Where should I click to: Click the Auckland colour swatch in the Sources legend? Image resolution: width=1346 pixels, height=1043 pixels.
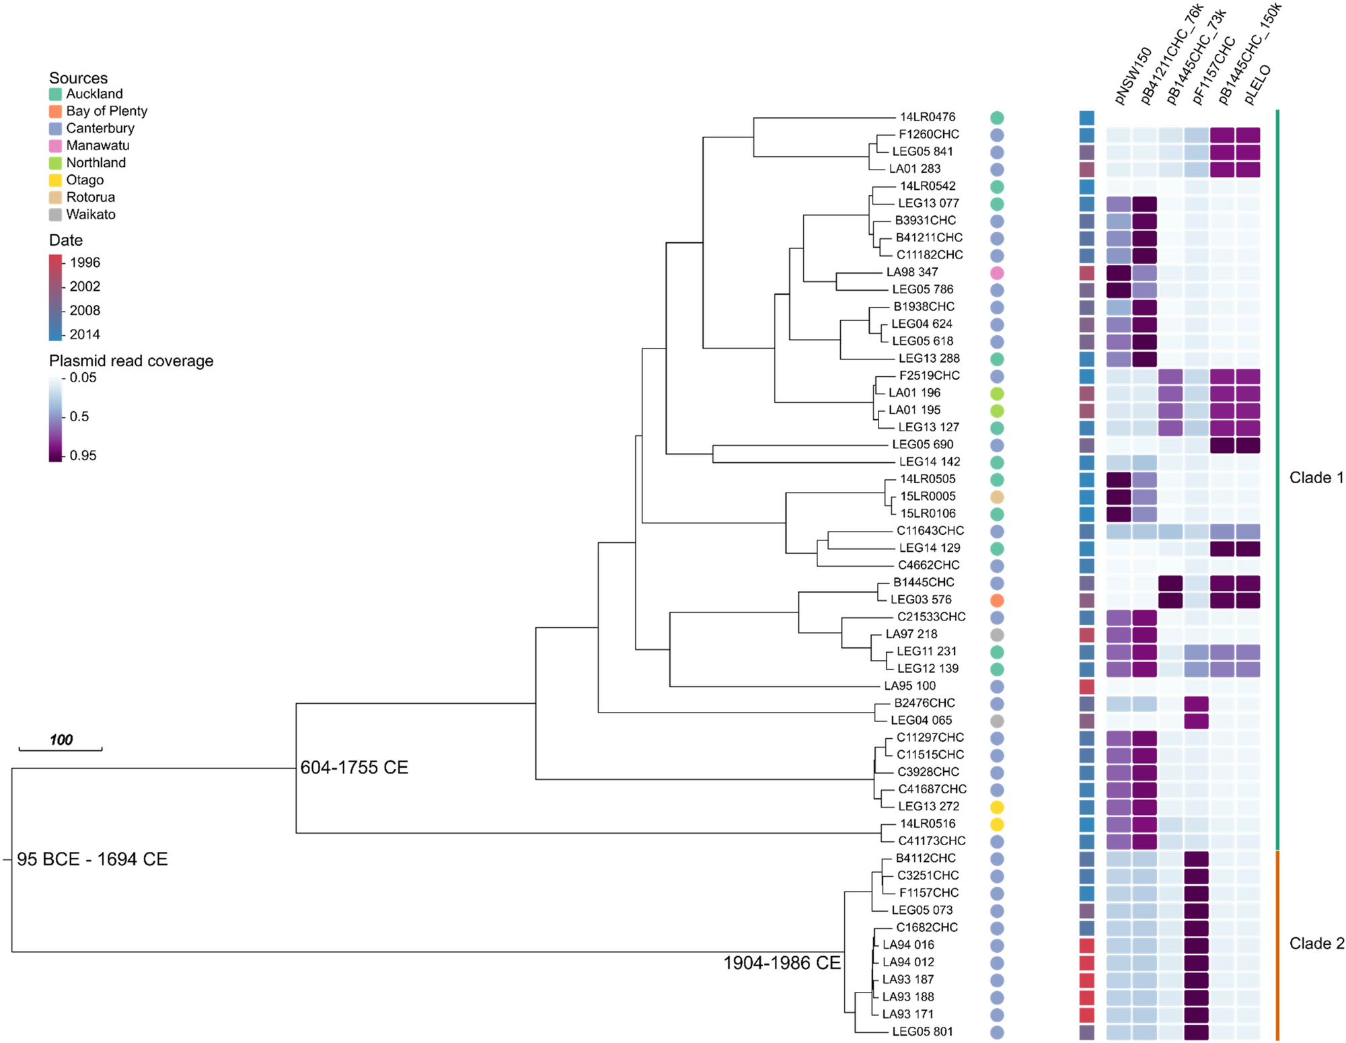pyautogui.click(x=55, y=94)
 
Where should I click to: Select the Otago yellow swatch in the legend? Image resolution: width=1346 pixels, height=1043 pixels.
pyautogui.click(x=55, y=180)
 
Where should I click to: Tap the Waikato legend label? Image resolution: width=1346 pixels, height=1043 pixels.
pyautogui.click(x=91, y=215)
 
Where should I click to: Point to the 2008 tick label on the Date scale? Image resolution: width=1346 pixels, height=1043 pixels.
pyautogui.click(x=85, y=310)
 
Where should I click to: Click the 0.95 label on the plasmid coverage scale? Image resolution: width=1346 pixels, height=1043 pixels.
pyautogui.click(x=83, y=456)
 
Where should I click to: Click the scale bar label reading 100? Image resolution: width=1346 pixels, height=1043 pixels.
pyautogui.click(x=61, y=740)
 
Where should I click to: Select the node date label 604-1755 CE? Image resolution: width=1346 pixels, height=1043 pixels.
pyautogui.click(x=354, y=768)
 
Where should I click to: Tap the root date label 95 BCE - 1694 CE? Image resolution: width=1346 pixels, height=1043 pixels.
pyautogui.click(x=92, y=859)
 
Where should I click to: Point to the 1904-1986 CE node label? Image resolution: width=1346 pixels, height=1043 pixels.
pyautogui.click(x=782, y=963)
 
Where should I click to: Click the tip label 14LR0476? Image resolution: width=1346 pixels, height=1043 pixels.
pyautogui.click(x=928, y=117)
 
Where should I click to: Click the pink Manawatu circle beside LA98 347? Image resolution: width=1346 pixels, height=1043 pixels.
pyautogui.click(x=997, y=273)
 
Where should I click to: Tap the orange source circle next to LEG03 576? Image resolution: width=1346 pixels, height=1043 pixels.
pyautogui.click(x=997, y=600)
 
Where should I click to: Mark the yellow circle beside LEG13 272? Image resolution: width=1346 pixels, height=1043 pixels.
pyautogui.click(x=997, y=806)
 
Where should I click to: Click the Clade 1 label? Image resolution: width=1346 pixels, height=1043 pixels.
pyautogui.click(x=1316, y=478)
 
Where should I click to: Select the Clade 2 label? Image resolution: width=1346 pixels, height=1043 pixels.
pyautogui.click(x=1316, y=943)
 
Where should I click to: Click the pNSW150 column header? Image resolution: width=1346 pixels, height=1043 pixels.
pyautogui.click(x=1133, y=77)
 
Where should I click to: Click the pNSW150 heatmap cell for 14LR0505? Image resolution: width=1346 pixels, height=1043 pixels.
pyautogui.click(x=1118, y=480)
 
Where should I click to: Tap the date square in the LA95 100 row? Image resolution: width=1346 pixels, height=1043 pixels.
pyautogui.click(x=1086, y=686)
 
